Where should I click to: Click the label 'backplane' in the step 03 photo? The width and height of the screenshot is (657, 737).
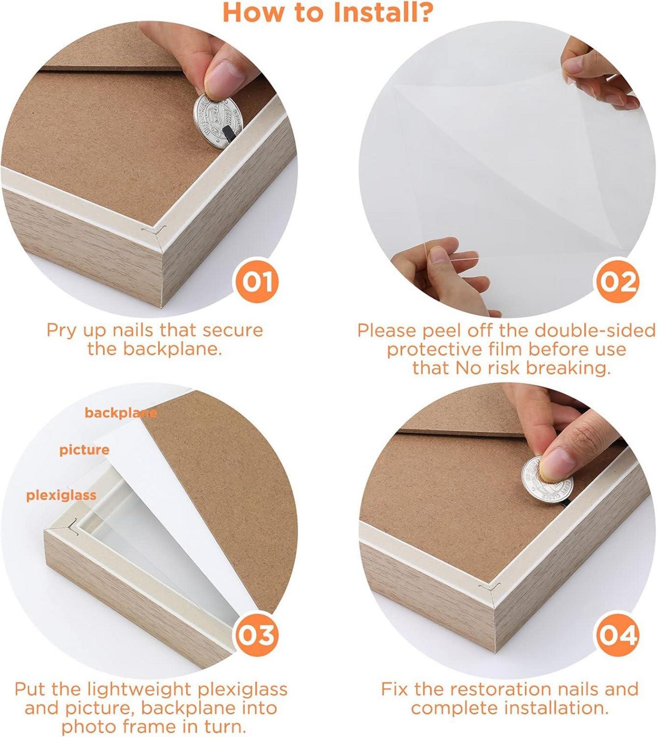pyautogui.click(x=121, y=413)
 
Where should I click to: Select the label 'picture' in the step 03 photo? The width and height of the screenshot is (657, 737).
pyautogui.click(x=85, y=450)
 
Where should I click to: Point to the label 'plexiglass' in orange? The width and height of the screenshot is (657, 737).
pyautogui.click(x=61, y=496)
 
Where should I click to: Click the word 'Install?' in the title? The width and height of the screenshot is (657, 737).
pyautogui.click(x=383, y=12)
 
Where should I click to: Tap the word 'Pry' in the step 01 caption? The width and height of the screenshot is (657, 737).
pyautogui.click(x=61, y=331)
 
